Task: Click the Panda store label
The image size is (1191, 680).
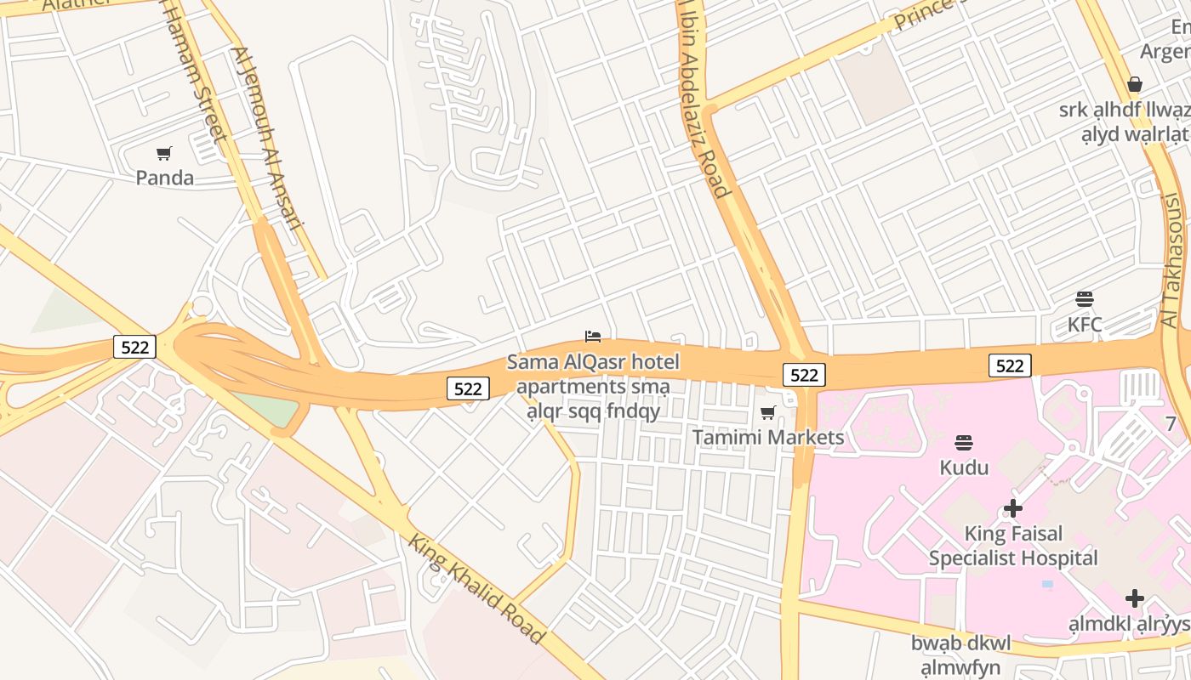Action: [x=165, y=178]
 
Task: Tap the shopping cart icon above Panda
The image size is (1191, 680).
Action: [x=164, y=153]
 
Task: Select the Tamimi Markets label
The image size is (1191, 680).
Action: [x=768, y=437]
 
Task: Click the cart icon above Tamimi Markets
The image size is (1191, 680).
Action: [x=768, y=413]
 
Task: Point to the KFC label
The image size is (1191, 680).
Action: [x=1085, y=324]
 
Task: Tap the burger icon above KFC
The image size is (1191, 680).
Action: [x=1084, y=299]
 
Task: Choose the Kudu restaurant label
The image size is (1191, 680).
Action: [x=964, y=467]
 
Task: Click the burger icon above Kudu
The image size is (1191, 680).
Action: [x=963, y=442]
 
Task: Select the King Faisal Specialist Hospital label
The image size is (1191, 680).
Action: [x=1013, y=546]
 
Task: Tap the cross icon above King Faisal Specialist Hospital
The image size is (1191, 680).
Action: [x=1012, y=508]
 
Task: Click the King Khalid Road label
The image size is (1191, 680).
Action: [x=476, y=588]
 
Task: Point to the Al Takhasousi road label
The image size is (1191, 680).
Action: [x=1172, y=260]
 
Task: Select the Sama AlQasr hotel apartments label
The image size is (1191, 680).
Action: [x=593, y=387]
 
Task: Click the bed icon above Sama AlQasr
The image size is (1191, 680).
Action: [x=593, y=337]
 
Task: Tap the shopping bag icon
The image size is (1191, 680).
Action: [x=1134, y=84]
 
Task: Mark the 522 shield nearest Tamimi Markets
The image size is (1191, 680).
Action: [x=804, y=375]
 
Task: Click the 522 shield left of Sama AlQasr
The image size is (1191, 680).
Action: [x=468, y=388]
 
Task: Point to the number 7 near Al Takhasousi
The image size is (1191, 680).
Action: [x=1171, y=423]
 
